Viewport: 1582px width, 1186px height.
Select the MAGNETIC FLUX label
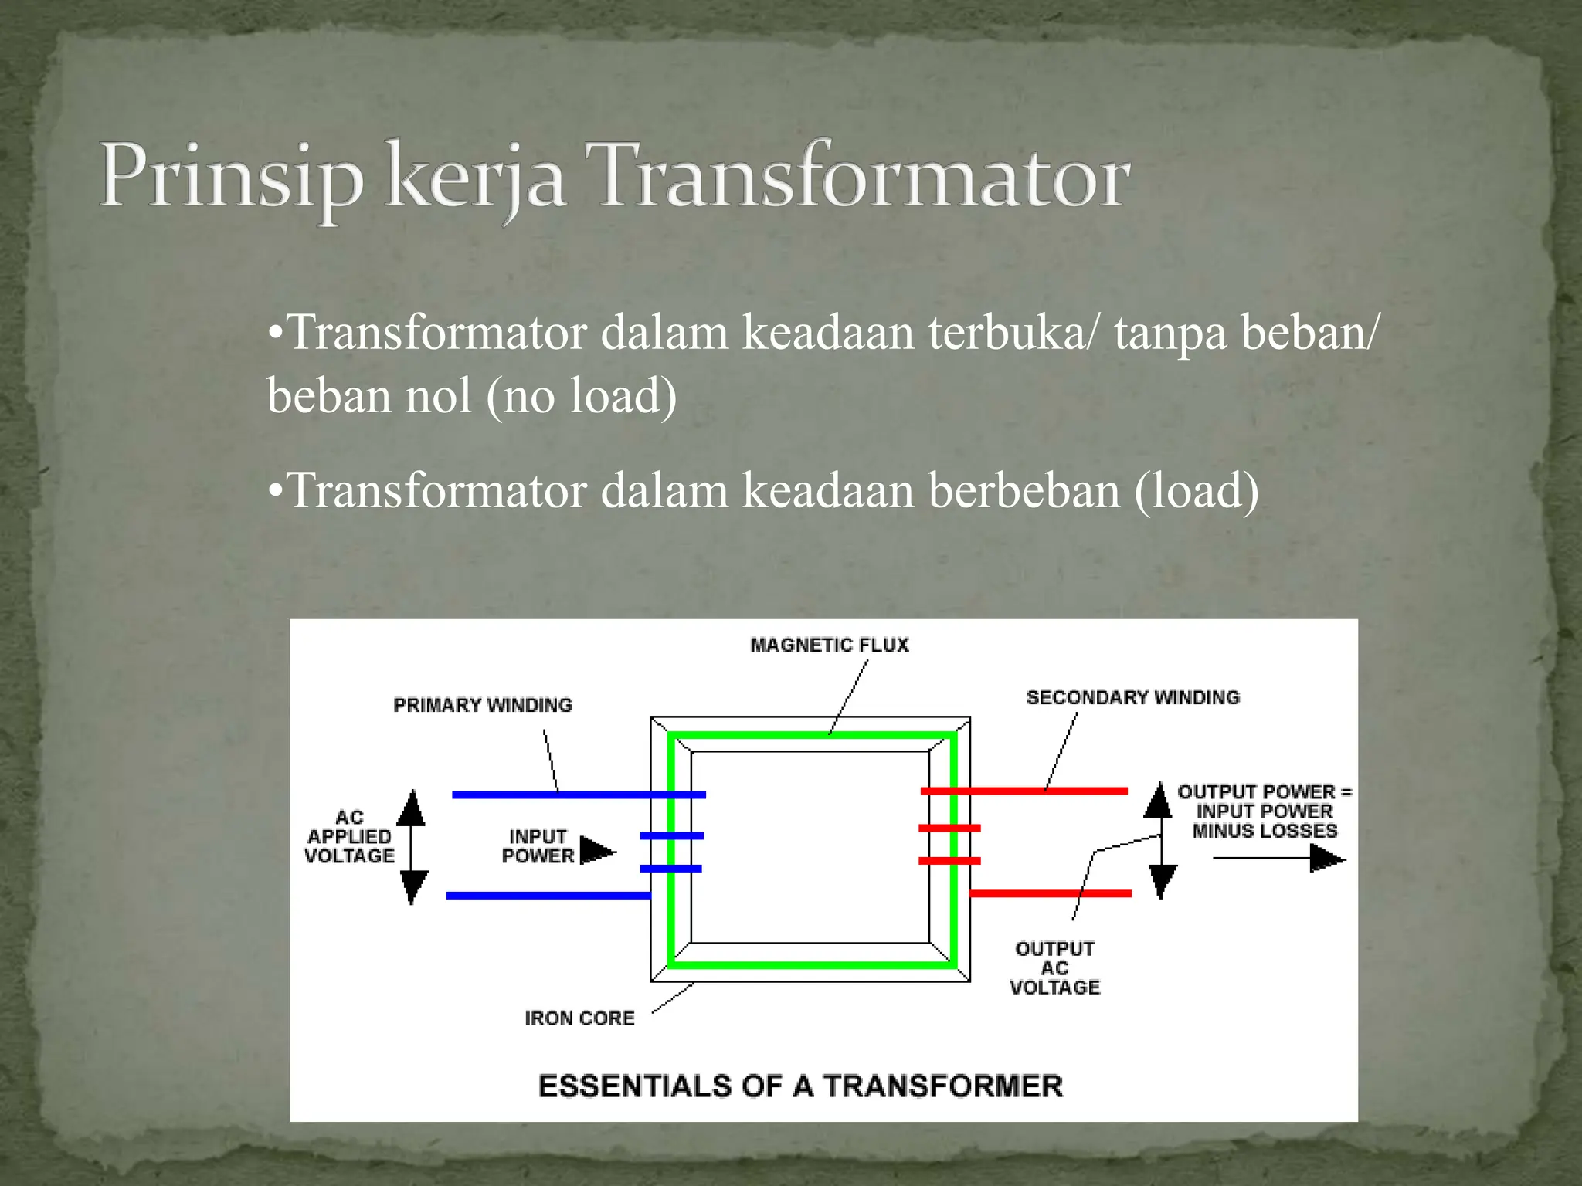pos(830,645)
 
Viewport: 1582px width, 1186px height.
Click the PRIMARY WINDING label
pos(483,705)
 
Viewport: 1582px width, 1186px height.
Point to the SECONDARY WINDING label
pos(1132,697)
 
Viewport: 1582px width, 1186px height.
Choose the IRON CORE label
pos(579,1018)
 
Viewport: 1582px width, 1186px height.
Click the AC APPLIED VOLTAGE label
pos(349,836)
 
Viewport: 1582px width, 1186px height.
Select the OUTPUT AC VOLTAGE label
pos(1054,967)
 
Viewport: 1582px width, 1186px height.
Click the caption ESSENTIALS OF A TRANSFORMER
pos(800,1086)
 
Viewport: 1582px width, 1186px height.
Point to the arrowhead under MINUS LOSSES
pos(1327,858)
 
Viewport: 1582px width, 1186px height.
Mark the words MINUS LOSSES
pos(1265,831)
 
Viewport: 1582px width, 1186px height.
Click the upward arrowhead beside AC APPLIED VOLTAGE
pos(411,807)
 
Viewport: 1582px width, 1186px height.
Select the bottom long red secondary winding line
pos(1051,893)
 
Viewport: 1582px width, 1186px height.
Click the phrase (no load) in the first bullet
pos(581,395)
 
